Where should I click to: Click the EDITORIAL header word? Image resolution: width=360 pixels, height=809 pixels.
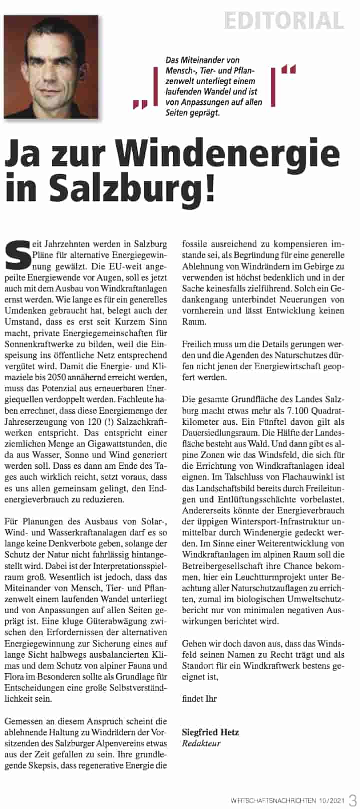(284, 21)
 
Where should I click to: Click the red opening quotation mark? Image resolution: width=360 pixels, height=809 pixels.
(139, 104)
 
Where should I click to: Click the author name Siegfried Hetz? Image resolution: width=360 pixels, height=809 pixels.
(210, 732)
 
